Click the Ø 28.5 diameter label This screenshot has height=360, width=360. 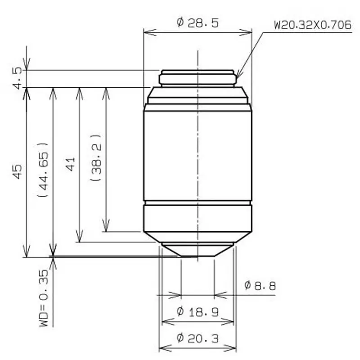(198, 23)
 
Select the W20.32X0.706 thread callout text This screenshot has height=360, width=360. (313, 25)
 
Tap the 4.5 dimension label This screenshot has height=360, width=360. (18, 78)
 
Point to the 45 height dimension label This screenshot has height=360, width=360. (17, 171)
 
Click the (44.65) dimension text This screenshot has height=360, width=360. (43, 170)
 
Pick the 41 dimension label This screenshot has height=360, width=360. (70, 164)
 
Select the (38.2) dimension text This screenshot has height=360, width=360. (96, 157)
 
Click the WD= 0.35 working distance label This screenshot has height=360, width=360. (44, 298)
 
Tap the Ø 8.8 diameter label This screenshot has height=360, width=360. (260, 286)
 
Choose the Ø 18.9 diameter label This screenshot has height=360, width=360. (198, 311)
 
